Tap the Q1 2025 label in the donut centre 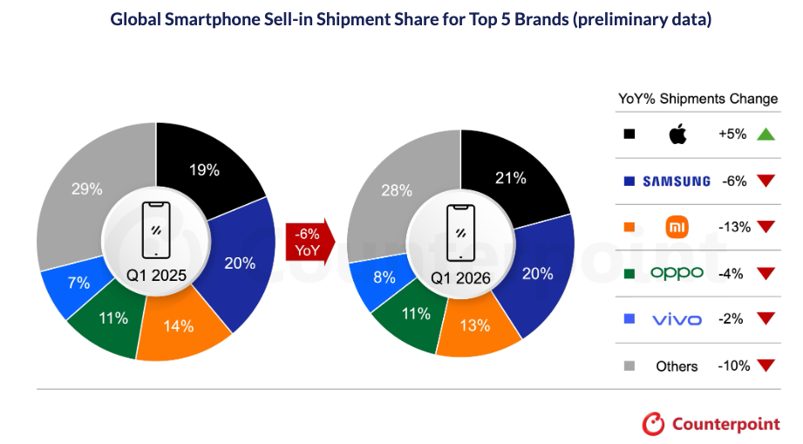pos(156,276)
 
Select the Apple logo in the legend pos(677,134)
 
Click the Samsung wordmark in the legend pos(677,181)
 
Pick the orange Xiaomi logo pos(677,228)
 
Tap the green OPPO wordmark pos(677,274)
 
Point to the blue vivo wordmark pos(677,320)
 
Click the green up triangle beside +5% pos(766,134)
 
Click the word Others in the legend pos(677,366)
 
